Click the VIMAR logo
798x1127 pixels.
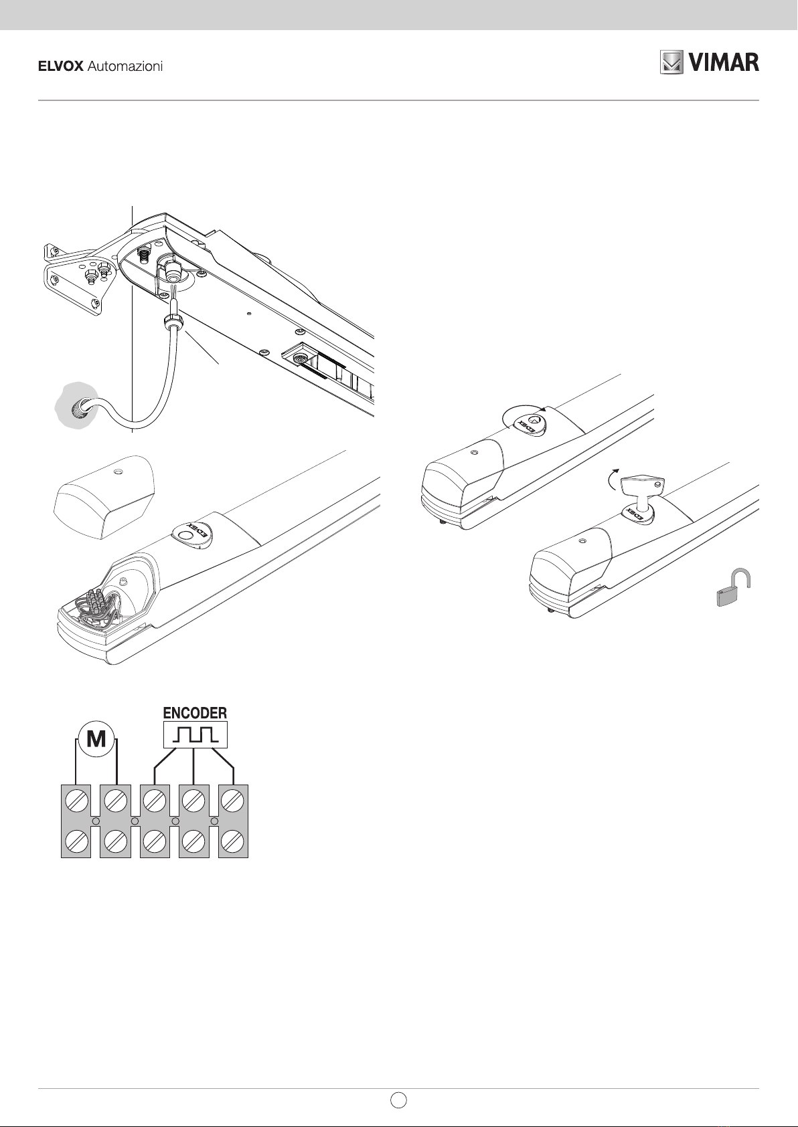(710, 62)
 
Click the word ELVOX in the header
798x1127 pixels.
(60, 67)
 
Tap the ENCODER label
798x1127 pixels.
(195, 712)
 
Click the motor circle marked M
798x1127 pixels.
(96, 739)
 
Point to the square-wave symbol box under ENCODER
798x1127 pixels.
(195, 735)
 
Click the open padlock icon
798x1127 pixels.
(731, 589)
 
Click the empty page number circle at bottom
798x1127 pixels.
(398, 1100)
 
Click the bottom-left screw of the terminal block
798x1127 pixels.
(76, 841)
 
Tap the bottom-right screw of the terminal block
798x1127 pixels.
(233, 841)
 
